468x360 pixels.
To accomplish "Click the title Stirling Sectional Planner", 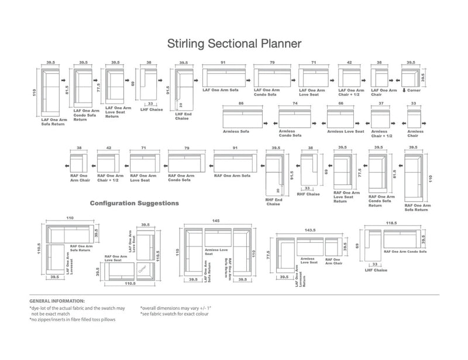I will [234, 43].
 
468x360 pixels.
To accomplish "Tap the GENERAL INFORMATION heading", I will [56, 300].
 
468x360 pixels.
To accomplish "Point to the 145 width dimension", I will [217, 221].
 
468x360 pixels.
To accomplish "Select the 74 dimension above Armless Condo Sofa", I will [295, 103].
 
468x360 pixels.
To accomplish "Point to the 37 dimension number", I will [381, 103].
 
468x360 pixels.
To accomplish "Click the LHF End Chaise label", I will [183, 117].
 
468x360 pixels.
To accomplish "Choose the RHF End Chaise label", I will [273, 201].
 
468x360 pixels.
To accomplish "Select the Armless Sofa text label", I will [237, 132].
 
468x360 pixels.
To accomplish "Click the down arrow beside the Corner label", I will [405, 90].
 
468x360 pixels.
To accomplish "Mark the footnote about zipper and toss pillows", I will [73, 320].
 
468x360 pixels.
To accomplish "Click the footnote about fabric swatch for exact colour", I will [174, 314].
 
